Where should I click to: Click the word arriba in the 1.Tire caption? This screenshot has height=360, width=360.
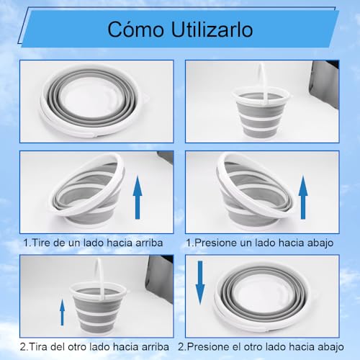pos(148,243)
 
